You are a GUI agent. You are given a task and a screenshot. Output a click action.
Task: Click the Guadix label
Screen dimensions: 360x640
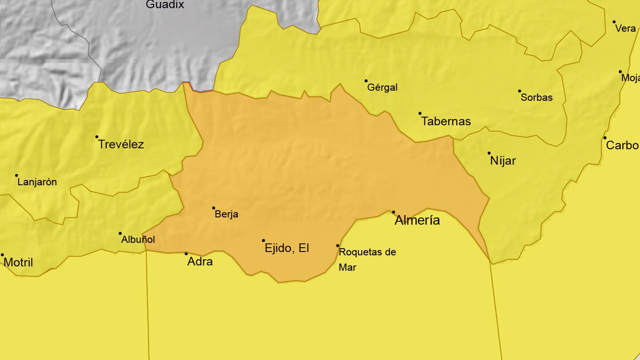pos(165,5)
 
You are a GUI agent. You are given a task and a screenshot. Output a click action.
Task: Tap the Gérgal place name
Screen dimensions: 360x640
pos(382,87)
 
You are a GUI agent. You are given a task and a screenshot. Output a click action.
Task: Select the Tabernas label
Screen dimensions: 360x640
pos(446,121)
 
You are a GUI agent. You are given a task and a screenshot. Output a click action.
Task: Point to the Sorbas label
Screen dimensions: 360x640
pos(536,97)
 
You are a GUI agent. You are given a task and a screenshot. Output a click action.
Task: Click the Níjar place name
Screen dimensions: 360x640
pos(503,161)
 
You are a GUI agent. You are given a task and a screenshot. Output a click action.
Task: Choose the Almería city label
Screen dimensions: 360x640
pos(417,220)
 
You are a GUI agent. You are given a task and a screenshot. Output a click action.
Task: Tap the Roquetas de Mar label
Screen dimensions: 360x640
pos(367,259)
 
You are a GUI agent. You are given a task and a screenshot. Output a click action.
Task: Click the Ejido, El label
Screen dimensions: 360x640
pos(287,248)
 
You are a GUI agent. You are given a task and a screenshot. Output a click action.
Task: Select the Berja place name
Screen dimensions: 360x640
pos(226,214)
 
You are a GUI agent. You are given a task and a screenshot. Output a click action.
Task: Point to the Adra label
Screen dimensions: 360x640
pos(200,262)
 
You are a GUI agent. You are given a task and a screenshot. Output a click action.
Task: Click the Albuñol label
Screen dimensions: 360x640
pos(138,240)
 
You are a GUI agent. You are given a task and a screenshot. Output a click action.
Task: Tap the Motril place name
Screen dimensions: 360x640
pos(18,262)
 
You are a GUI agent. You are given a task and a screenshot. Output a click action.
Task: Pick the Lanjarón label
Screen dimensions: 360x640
pos(37,182)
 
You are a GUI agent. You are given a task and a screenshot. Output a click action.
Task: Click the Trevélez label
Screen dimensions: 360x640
pos(121,144)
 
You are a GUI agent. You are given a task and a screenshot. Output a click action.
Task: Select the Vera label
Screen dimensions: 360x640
pos(625,28)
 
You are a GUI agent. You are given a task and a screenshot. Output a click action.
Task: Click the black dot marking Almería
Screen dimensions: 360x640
pos(393,212)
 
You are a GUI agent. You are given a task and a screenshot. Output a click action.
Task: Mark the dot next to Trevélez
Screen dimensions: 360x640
pos(97,137)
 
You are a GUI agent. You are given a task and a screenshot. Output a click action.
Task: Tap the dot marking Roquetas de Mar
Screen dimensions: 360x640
pos(338,246)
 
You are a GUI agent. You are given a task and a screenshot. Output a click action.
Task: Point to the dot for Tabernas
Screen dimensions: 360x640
pos(420,114)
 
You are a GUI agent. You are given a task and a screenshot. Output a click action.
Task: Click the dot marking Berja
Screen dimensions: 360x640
pos(214,208)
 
